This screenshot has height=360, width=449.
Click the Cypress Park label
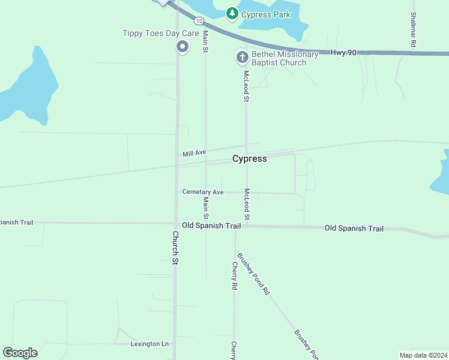click(x=265, y=14)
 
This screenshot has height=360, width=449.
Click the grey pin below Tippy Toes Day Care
click(x=182, y=46)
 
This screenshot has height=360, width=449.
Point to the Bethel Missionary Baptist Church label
click(x=285, y=58)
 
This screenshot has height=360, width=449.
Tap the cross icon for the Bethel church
click(x=242, y=58)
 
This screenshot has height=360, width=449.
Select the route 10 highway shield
click(x=198, y=37)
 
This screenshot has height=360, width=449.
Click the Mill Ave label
click(x=194, y=154)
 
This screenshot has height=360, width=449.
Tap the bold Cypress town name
click(x=249, y=159)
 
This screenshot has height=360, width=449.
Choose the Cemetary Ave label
click(x=203, y=192)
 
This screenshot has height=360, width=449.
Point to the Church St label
click(x=175, y=248)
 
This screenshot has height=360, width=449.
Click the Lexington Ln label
click(x=149, y=344)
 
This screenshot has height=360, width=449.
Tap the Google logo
click(x=20, y=353)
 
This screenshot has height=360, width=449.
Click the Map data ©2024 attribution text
click(x=423, y=355)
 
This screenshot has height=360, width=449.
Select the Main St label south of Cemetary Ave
click(x=205, y=208)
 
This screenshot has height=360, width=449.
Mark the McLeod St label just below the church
click(x=246, y=86)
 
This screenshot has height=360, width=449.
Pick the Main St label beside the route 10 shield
click(x=205, y=41)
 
